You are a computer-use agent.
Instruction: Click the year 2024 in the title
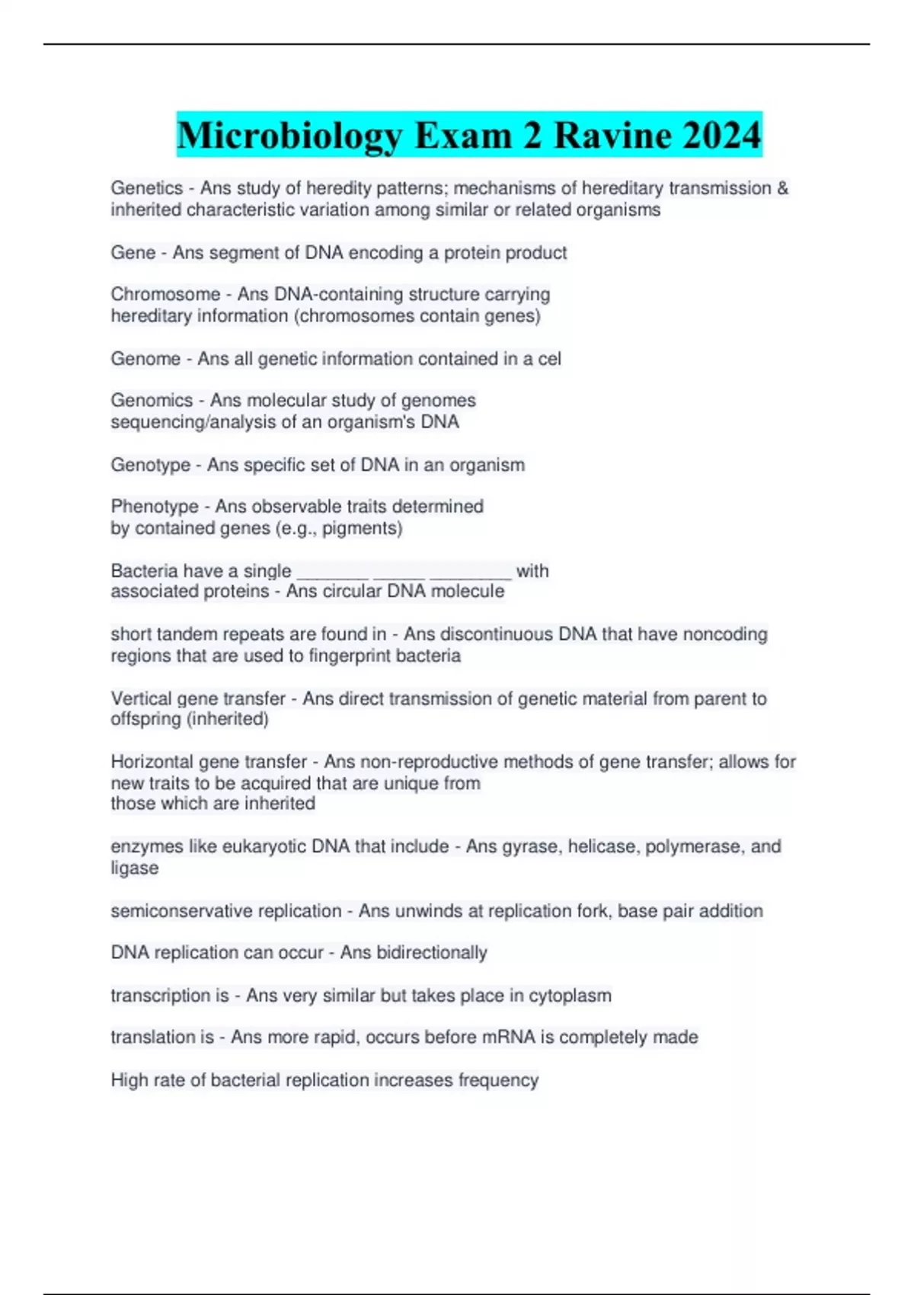click(x=721, y=136)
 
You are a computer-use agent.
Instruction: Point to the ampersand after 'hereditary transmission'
click(x=782, y=188)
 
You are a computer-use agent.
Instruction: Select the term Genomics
click(x=152, y=400)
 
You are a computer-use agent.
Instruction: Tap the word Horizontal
click(x=152, y=762)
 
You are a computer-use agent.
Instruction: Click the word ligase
click(x=135, y=868)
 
